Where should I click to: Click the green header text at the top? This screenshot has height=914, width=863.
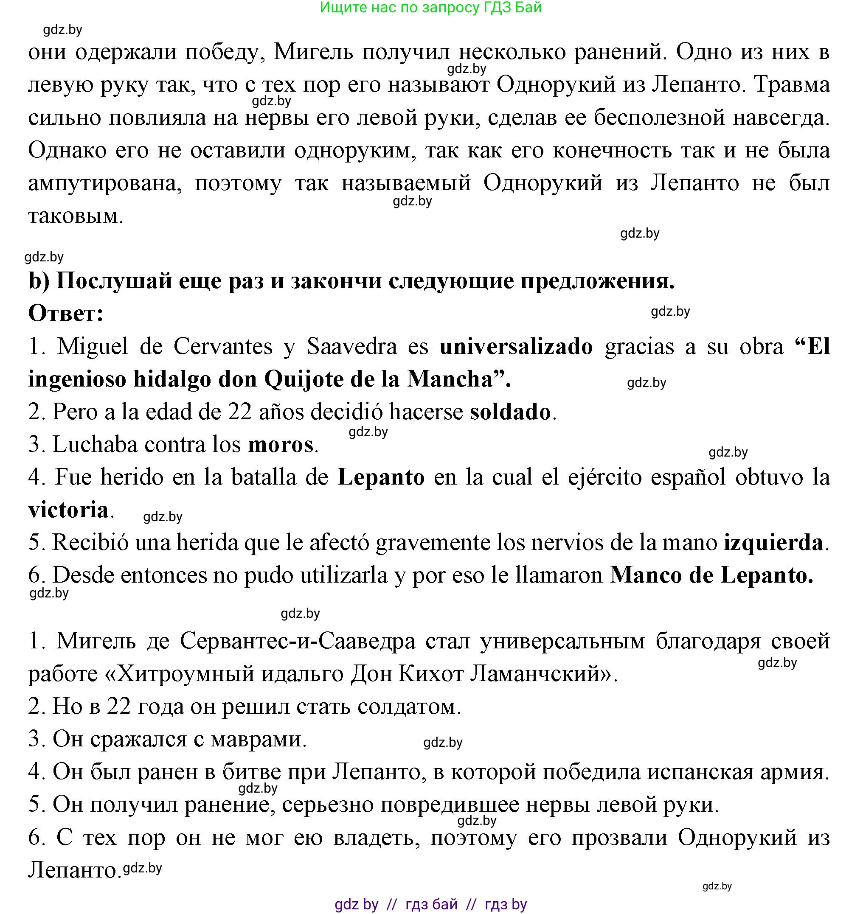[430, 7]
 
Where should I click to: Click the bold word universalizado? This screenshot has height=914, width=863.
[516, 347]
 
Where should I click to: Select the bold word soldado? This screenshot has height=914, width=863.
[510, 412]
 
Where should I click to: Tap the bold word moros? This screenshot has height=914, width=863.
[281, 445]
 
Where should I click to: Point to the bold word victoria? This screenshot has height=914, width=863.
[68, 510]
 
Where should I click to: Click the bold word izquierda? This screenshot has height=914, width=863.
[773, 543]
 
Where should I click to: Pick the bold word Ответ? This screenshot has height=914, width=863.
[66, 314]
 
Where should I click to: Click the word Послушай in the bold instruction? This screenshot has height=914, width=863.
[114, 281]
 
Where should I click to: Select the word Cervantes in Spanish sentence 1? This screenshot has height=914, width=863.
[223, 347]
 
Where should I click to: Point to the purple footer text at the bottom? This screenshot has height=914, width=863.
[430, 904]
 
